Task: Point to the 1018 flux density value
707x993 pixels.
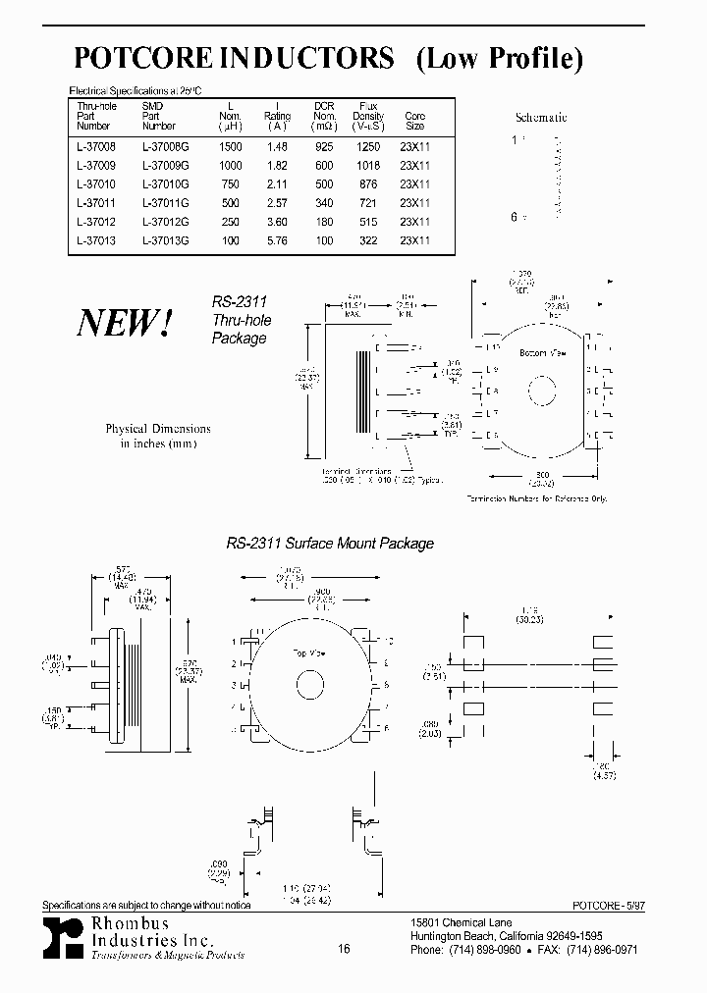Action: (368, 165)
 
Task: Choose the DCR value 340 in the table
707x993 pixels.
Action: (323, 203)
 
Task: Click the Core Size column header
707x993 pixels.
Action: (414, 121)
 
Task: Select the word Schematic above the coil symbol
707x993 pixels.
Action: (541, 117)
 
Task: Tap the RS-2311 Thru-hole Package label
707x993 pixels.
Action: (241, 320)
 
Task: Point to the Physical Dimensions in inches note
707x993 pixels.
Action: (157, 436)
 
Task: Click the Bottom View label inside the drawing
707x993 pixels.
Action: (536, 351)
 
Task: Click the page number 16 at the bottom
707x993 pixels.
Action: (344, 949)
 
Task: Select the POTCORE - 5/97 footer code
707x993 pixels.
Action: (608, 908)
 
